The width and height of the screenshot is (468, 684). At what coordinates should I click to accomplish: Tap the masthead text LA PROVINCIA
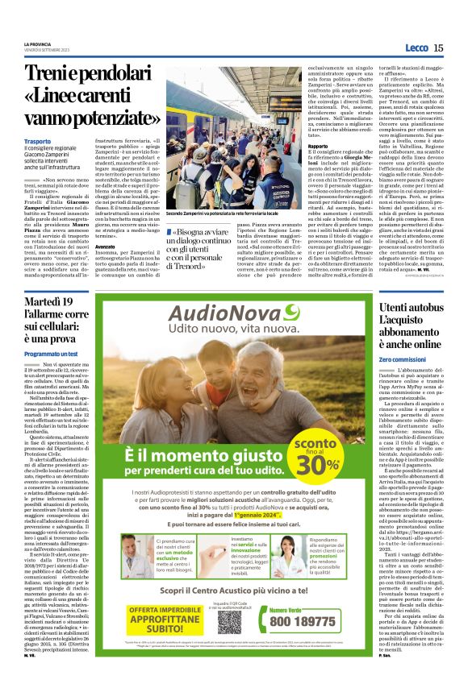click(38, 44)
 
